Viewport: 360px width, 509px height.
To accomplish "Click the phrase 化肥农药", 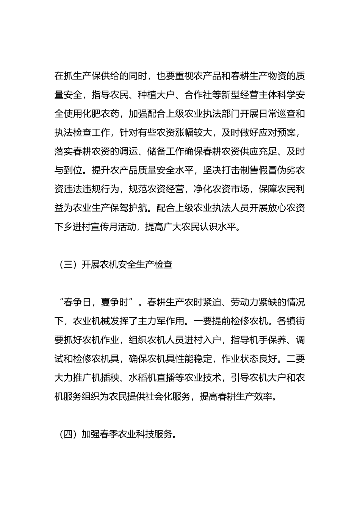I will [101, 114].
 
